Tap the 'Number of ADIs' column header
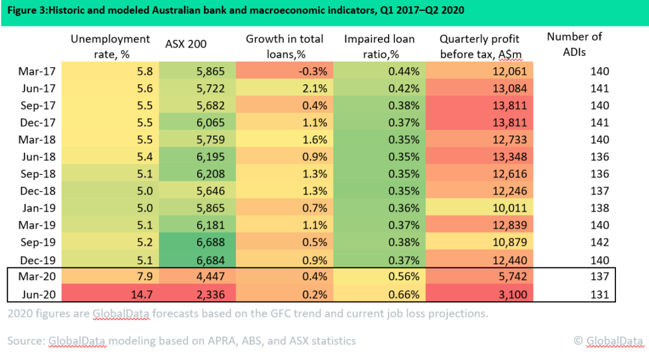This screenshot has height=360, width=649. coord(574,44)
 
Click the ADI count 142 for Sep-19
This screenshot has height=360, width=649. coord(598,242)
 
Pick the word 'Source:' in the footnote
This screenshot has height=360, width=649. coord(26,341)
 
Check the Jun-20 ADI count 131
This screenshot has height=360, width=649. coord(598,294)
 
